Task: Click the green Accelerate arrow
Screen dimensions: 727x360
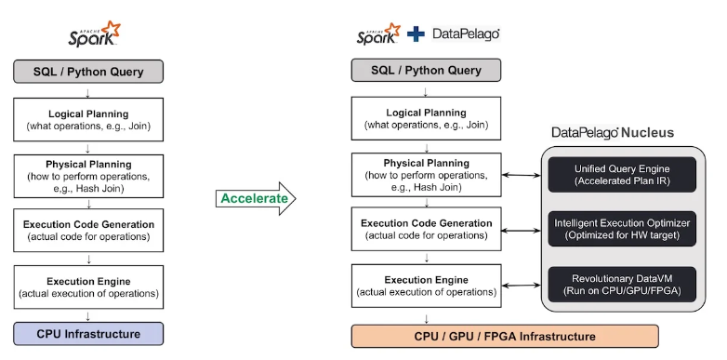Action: click(x=256, y=198)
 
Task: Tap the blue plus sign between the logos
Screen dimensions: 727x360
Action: click(x=416, y=33)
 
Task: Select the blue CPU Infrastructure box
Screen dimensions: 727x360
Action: click(x=88, y=334)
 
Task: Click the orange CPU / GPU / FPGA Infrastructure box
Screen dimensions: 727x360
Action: click(x=505, y=337)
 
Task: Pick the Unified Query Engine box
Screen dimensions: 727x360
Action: click(x=622, y=175)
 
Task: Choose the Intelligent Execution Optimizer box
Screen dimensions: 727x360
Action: click(x=622, y=229)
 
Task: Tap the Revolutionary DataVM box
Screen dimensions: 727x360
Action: click(x=622, y=285)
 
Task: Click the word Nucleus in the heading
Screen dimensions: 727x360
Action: click(x=647, y=133)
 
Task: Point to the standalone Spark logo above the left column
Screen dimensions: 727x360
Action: click(x=94, y=33)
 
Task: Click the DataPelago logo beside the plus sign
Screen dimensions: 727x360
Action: click(x=466, y=33)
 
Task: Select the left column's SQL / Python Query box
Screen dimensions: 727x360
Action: click(x=88, y=72)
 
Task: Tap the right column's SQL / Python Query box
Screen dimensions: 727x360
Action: click(x=426, y=71)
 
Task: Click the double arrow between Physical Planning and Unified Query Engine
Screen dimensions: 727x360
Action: click(x=522, y=176)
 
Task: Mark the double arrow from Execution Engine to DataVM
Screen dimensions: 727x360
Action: click(x=522, y=286)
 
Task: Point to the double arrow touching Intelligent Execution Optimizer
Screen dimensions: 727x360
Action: click(x=522, y=230)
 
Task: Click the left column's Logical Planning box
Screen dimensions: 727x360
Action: click(x=88, y=119)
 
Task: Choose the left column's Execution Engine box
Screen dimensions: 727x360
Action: click(x=88, y=287)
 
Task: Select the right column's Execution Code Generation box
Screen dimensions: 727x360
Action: click(x=426, y=229)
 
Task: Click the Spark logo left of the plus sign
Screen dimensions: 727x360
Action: click(x=378, y=33)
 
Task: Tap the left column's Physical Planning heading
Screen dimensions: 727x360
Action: click(x=88, y=165)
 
